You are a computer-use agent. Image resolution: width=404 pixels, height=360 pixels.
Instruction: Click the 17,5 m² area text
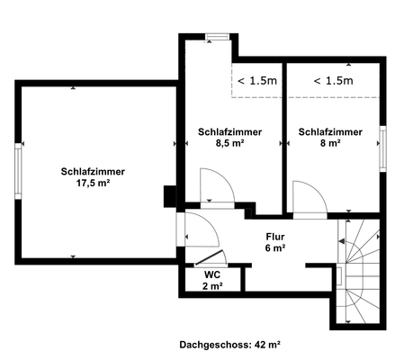click(93, 182)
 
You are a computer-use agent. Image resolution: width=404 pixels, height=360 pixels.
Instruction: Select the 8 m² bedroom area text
click(330, 142)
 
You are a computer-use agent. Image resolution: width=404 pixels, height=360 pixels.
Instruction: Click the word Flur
click(274, 236)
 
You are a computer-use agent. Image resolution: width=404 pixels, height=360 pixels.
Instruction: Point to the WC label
click(212, 274)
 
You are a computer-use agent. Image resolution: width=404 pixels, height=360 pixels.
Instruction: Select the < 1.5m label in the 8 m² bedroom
click(333, 81)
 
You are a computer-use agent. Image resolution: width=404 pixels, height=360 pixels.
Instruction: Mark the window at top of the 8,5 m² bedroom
click(217, 37)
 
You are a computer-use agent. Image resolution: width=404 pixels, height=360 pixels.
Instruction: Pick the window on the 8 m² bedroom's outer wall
click(382, 147)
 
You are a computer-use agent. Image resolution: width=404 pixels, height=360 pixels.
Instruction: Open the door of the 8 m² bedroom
click(310, 199)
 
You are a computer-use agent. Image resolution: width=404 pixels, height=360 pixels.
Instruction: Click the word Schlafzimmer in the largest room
click(93, 170)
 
